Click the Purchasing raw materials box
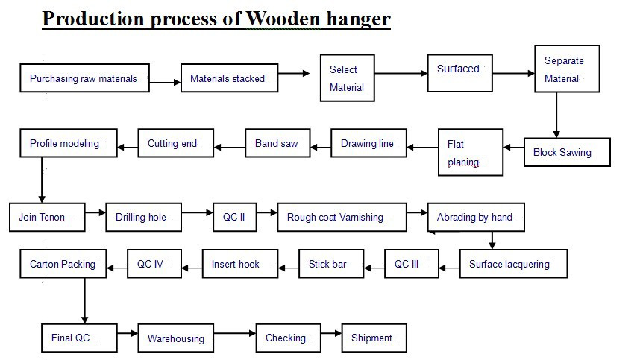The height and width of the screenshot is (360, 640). click(x=84, y=78)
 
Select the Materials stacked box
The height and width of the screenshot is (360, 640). click(x=230, y=78)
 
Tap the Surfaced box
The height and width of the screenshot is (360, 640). click(x=460, y=73)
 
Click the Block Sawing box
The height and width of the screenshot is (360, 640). click(x=567, y=152)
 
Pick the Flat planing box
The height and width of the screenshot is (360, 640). click(x=471, y=153)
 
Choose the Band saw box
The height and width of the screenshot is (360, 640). click(x=277, y=143)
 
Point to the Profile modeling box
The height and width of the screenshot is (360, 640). click(x=69, y=143)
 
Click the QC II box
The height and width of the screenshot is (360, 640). click(x=235, y=218)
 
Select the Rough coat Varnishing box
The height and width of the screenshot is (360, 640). click(x=342, y=218)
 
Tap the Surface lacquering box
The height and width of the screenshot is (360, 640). click(x=513, y=264)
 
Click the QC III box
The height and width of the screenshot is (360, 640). click(x=412, y=264)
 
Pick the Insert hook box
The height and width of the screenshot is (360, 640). click(x=240, y=264)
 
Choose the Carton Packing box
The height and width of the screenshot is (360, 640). click(x=63, y=264)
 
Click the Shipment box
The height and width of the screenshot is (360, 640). click(x=374, y=338)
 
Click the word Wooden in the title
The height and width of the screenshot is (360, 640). click(x=283, y=19)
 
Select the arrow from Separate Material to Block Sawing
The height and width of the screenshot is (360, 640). click(x=556, y=115)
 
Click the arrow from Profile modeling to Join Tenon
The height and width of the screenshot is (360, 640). click(x=42, y=180)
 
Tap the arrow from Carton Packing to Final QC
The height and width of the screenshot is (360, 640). click(x=85, y=301)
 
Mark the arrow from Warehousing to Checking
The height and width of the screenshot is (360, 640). click(x=235, y=333)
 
